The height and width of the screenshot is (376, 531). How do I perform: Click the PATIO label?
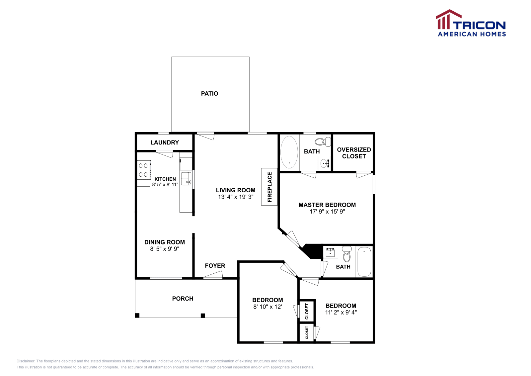(209, 94)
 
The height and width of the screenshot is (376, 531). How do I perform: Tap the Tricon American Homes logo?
(471, 23)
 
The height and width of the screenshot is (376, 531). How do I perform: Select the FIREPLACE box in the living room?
(269, 187)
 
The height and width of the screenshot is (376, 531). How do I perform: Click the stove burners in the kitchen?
(143, 170)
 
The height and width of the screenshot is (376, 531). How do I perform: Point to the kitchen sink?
(186, 178)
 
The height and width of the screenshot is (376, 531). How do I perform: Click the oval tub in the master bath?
(289, 152)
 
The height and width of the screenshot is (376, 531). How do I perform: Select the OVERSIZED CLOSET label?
(354, 153)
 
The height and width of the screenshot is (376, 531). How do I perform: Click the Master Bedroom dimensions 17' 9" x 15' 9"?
(327, 212)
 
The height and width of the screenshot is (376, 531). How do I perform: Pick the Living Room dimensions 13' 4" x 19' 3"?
(236, 197)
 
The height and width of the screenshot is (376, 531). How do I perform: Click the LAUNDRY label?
(165, 142)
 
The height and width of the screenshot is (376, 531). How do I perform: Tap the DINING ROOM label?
(165, 242)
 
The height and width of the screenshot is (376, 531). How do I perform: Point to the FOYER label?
(215, 266)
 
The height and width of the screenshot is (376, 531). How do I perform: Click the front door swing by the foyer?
(213, 275)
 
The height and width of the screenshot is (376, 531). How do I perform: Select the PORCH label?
(183, 299)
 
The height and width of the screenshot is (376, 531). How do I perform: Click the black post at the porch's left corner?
(137, 316)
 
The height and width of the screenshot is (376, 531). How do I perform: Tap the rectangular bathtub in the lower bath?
(364, 262)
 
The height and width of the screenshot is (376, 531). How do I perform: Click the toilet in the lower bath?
(347, 254)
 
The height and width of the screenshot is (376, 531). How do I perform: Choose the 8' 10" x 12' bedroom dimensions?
(267, 307)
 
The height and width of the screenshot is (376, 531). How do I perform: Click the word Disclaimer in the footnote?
(26, 361)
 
